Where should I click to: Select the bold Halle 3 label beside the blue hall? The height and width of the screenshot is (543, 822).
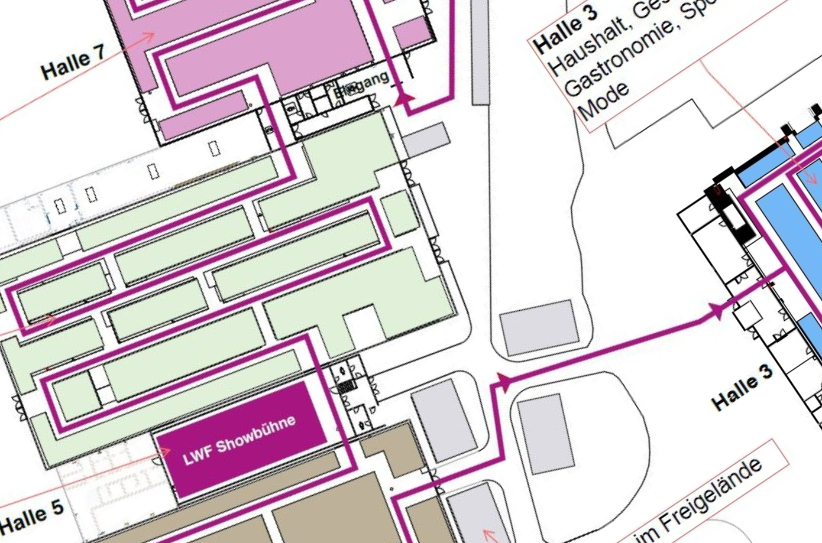tap(743, 388)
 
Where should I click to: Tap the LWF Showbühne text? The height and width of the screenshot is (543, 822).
tap(240, 441)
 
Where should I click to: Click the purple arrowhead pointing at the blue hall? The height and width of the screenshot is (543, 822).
tap(717, 310)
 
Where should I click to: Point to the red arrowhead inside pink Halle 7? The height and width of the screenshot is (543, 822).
tap(148, 37)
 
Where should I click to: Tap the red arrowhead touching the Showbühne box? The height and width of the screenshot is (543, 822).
tap(165, 452)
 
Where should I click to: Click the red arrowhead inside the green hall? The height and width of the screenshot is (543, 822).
tap(50, 320)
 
